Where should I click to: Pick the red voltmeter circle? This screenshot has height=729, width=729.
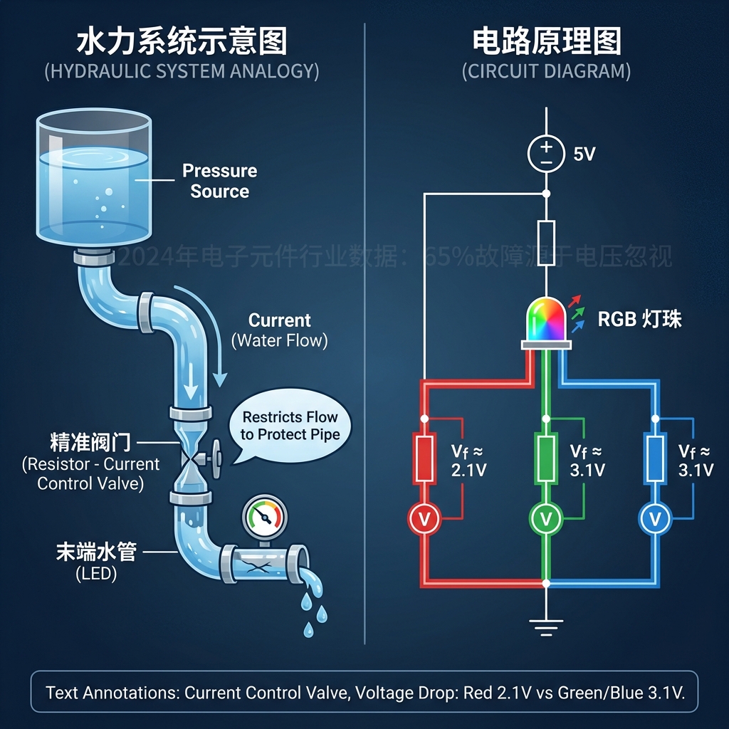click(424, 520)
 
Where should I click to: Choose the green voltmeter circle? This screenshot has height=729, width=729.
click(546, 520)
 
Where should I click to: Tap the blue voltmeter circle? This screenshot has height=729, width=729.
click(654, 520)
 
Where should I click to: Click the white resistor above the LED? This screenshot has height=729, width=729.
click(546, 243)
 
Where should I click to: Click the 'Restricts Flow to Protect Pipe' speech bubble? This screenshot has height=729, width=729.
click(290, 426)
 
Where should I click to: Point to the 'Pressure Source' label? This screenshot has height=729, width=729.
click(219, 181)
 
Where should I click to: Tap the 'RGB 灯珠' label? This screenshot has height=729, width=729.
click(639, 319)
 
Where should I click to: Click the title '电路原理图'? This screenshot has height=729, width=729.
click(546, 43)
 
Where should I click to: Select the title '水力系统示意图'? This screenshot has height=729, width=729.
click(182, 43)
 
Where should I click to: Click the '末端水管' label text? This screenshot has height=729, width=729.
click(95, 552)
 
